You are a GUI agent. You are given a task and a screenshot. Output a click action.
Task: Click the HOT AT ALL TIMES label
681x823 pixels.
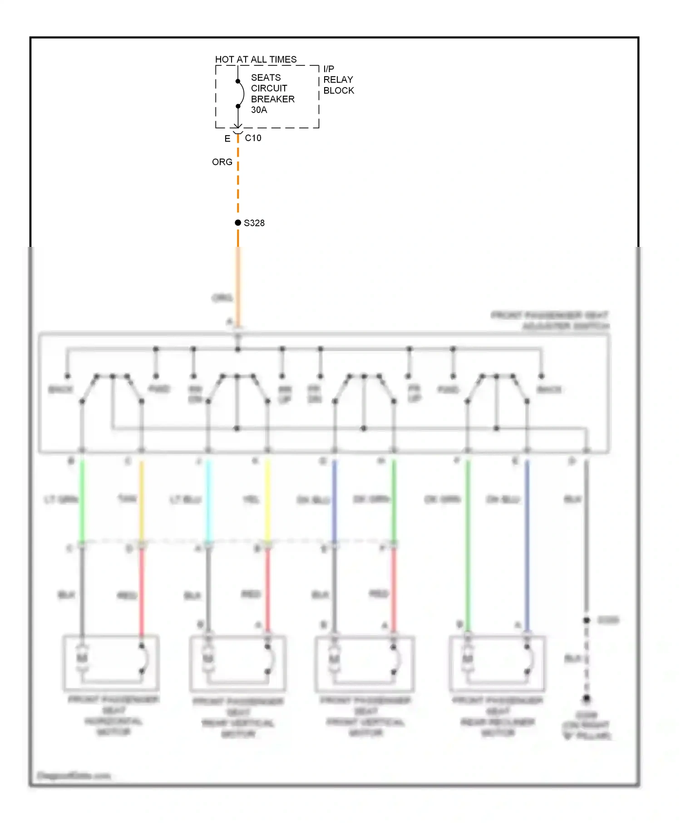pyautogui.click(x=256, y=59)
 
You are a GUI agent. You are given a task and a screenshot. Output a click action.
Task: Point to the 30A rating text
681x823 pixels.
pyautogui.click(x=259, y=110)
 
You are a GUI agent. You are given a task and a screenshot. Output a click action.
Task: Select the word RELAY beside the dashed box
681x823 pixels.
pyautogui.click(x=338, y=79)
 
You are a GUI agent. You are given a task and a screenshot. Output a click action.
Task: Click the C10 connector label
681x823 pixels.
pyautogui.click(x=253, y=138)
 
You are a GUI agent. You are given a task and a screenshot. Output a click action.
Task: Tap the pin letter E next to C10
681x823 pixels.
pyautogui.click(x=227, y=139)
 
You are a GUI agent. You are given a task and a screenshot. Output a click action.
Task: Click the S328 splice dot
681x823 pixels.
pyautogui.click(x=238, y=223)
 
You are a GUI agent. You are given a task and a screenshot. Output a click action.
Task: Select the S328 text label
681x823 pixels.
pyautogui.click(x=254, y=223)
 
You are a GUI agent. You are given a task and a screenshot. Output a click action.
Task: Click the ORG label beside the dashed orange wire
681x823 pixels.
pyautogui.click(x=222, y=162)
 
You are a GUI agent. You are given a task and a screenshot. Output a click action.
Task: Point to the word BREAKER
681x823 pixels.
pyautogui.click(x=272, y=99)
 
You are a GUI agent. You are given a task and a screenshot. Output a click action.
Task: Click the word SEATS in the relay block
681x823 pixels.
pyautogui.click(x=266, y=78)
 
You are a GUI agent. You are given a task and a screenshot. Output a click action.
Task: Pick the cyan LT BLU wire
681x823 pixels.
pyautogui.click(x=208, y=499)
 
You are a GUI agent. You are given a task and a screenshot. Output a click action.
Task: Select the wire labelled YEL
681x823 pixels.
pyautogui.click(x=267, y=499)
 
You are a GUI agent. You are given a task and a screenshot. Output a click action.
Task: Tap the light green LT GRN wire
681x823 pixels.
pyautogui.click(x=82, y=499)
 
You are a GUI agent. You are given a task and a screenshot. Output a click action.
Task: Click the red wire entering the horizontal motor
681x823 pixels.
pyautogui.click(x=142, y=590)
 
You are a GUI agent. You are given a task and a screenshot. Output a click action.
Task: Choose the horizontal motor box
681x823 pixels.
pyautogui.click(x=111, y=662)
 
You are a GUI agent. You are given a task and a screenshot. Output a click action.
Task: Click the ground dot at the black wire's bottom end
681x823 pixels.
pyautogui.click(x=587, y=699)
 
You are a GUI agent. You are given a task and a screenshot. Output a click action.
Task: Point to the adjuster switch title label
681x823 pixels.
pyautogui.click(x=550, y=320)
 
